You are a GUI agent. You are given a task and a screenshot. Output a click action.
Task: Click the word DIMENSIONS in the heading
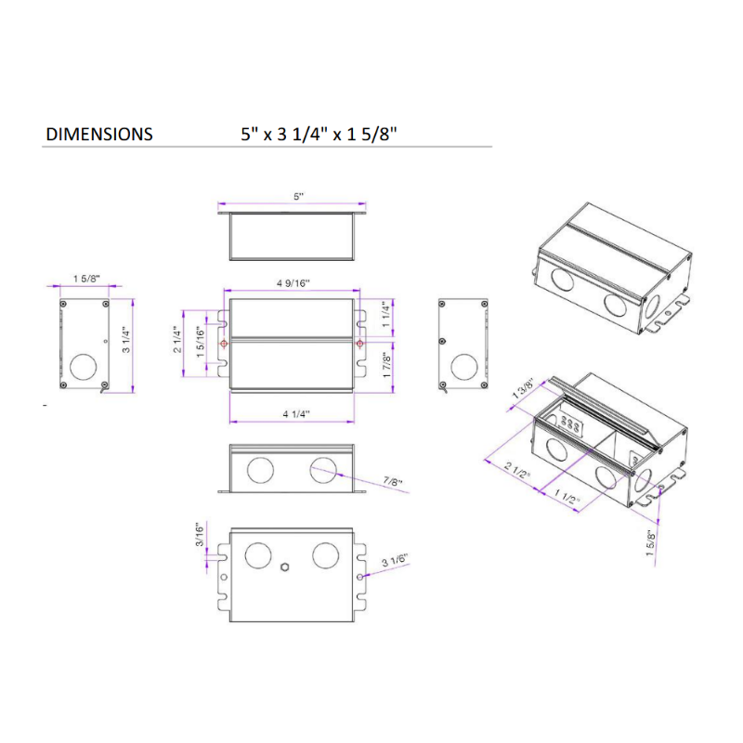point(99,134)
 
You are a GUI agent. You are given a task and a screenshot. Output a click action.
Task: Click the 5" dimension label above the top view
point(298,197)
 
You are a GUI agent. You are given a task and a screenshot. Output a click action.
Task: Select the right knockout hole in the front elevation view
point(326,469)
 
